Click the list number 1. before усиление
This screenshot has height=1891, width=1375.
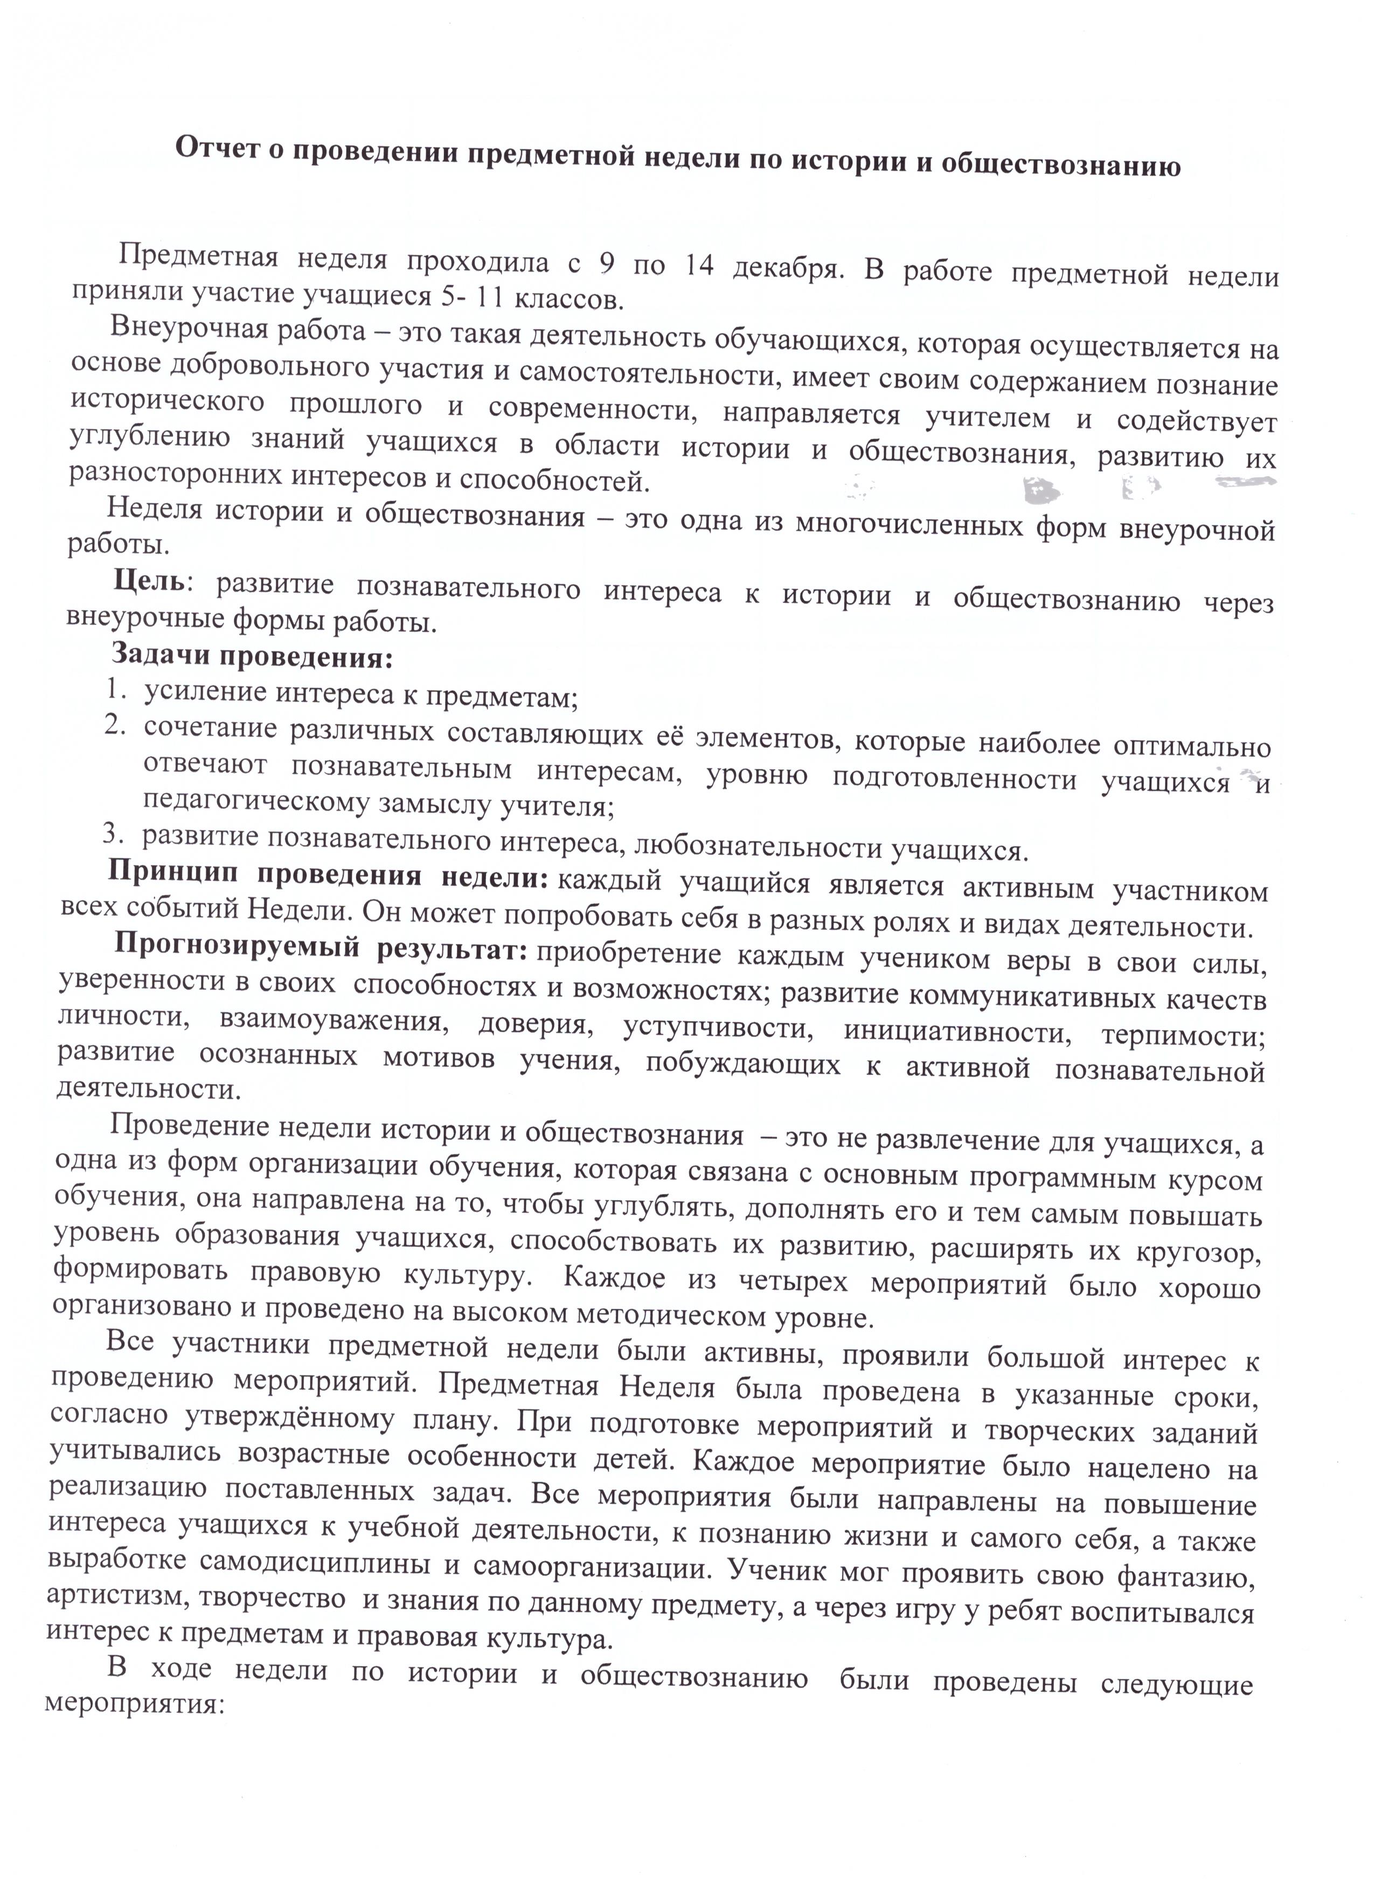[117, 689]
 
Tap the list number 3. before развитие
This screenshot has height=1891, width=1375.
[113, 832]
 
